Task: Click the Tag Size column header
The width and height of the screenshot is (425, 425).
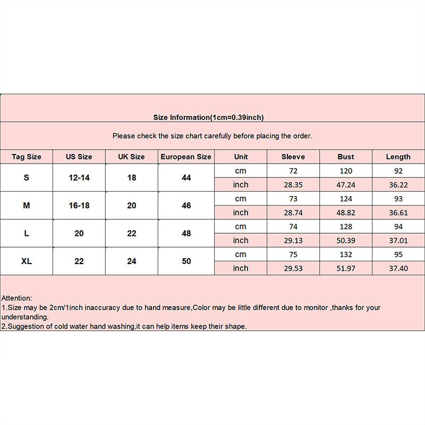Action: [27, 157]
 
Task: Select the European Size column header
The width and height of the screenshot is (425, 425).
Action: [186, 157]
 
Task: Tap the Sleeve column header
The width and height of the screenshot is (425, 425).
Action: [293, 157]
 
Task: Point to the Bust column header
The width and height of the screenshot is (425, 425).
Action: [346, 157]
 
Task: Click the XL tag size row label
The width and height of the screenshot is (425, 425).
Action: [27, 261]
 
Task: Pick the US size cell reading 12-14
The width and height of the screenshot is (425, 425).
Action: [79, 177]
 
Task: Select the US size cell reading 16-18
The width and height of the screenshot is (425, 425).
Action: [79, 206]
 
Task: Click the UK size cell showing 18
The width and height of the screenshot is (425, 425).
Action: [132, 177]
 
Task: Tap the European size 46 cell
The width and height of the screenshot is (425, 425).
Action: [186, 206]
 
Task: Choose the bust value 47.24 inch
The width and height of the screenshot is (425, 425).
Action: [346, 185]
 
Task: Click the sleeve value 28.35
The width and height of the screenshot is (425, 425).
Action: [293, 185]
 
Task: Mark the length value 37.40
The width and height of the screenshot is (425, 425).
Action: [398, 268]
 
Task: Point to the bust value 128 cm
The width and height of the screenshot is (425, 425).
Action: [346, 227]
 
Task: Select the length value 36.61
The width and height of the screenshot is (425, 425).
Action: [398, 212]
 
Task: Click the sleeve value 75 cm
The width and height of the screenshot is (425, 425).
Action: [293, 254]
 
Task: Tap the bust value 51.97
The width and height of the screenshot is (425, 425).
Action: [346, 268]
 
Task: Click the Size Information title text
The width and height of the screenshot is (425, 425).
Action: [208, 117]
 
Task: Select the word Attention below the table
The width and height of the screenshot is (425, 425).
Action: [16, 298]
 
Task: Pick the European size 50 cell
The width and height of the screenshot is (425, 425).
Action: [186, 261]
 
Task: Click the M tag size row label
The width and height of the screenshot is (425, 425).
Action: [27, 206]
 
